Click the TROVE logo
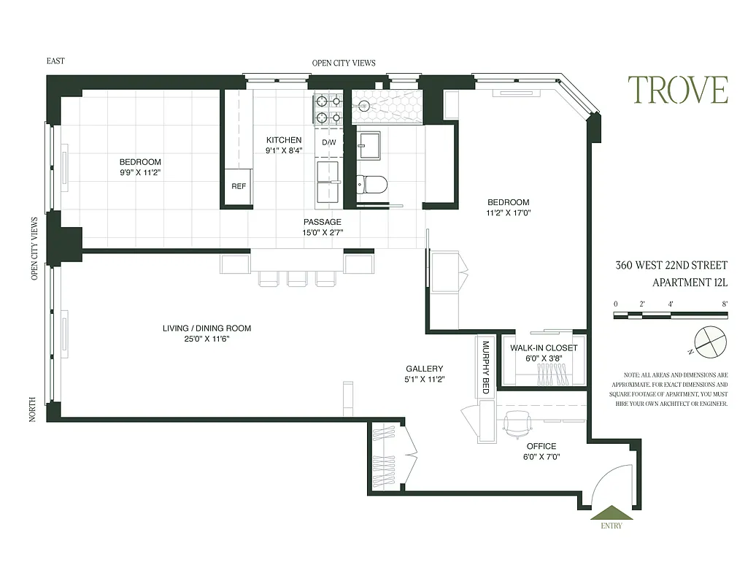(678, 91)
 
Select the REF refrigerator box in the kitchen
(239, 187)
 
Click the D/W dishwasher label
(329, 142)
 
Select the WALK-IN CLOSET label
(543, 348)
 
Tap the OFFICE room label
(541, 446)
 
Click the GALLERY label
(425, 369)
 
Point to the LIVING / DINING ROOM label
(207, 328)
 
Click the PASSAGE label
(322, 222)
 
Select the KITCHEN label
(284, 140)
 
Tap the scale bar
(670, 315)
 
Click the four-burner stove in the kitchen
(328, 109)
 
